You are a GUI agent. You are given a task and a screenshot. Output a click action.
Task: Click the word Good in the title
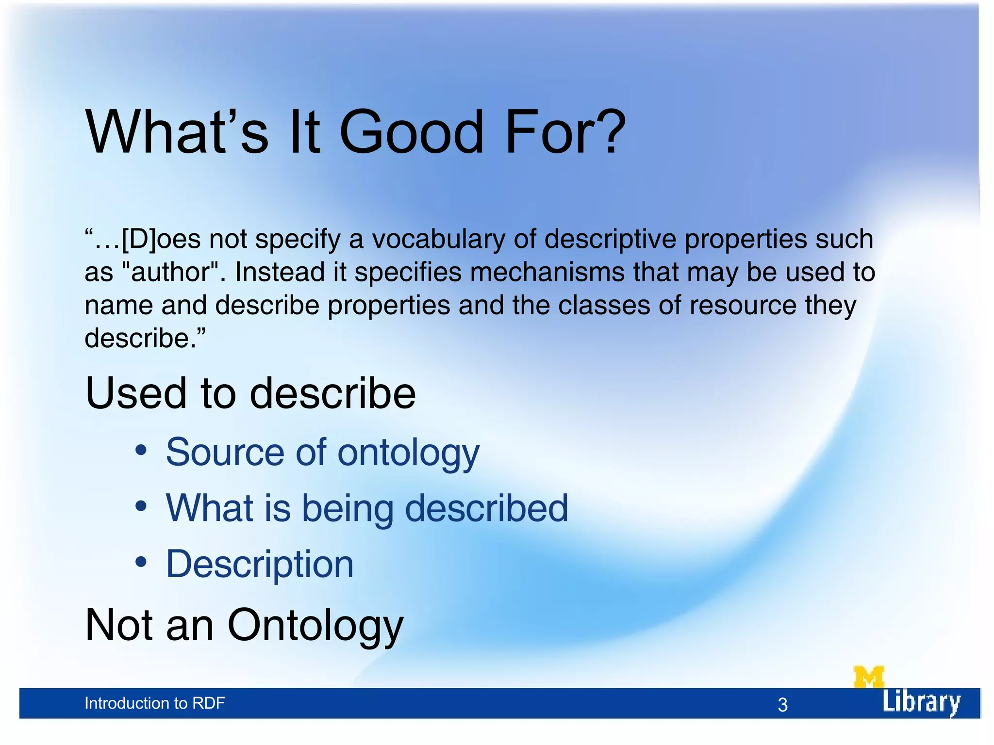click(412, 132)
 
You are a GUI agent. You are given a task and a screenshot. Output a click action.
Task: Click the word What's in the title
click(177, 132)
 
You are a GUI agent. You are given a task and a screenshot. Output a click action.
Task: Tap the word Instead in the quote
click(280, 272)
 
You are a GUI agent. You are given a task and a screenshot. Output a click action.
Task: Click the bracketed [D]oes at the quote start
click(161, 239)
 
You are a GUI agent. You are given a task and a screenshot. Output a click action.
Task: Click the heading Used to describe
click(250, 393)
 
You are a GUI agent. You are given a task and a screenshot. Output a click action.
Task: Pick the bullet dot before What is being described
click(141, 506)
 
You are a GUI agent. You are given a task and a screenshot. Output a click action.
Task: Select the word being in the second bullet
click(348, 509)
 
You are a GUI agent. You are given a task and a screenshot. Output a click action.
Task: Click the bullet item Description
click(260, 564)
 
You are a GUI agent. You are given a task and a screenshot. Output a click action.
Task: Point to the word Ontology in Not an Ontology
click(315, 626)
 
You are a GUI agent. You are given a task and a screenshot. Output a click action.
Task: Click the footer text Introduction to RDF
click(154, 703)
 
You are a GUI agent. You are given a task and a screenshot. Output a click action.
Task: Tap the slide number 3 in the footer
click(782, 705)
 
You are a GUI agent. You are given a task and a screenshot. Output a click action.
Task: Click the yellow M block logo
click(868, 677)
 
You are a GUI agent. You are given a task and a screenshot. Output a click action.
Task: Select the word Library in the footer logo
click(921, 702)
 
